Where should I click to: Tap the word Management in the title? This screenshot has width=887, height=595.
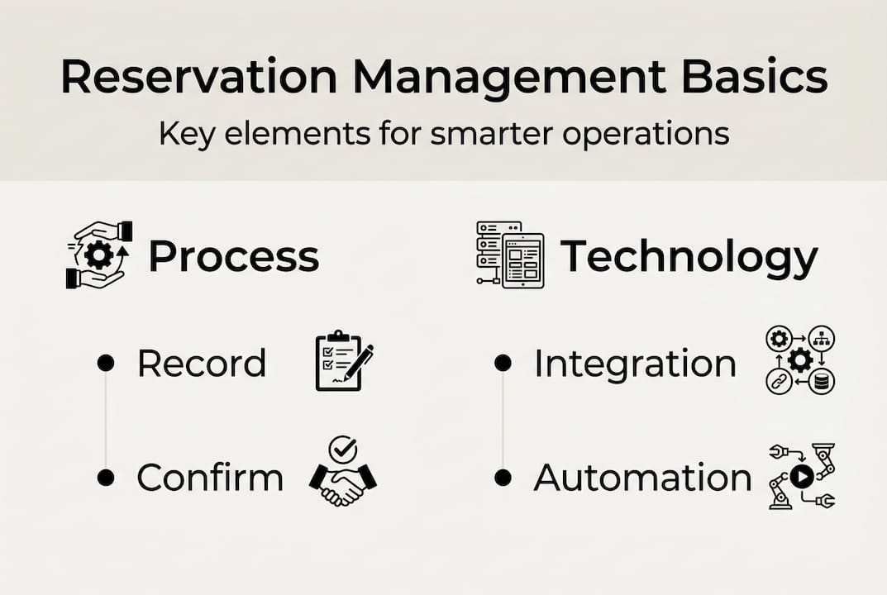tap(509, 78)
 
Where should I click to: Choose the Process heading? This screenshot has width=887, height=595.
tap(234, 257)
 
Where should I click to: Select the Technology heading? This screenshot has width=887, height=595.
tap(689, 258)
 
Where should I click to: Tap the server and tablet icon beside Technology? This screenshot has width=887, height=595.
tap(510, 255)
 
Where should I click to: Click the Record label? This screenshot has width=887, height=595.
tap(202, 364)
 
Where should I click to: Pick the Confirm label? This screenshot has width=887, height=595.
tap(210, 478)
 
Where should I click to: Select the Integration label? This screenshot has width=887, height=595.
tap(635, 364)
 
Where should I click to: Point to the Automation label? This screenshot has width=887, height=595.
tap(642, 478)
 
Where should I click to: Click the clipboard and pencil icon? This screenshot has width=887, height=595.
tap(344, 361)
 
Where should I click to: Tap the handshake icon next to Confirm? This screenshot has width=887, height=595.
tap(343, 483)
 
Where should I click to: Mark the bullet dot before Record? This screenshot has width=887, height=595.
tap(105, 364)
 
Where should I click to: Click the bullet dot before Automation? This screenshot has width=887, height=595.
tap(502, 478)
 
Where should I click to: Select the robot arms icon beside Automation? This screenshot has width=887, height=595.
tap(801, 476)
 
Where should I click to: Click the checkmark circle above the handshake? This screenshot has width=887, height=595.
tap(342, 450)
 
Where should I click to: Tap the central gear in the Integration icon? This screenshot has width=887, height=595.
tap(800, 360)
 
